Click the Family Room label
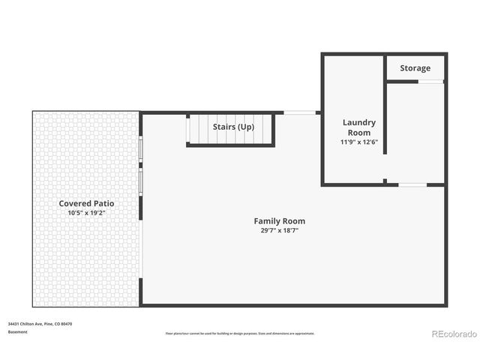pyautogui.click(x=279, y=221)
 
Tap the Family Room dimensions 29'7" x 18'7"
pyautogui.click(x=279, y=231)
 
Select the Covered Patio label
pyautogui.click(x=87, y=203)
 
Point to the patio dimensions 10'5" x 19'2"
pyautogui.click(x=87, y=213)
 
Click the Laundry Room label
pyautogui.click(x=359, y=127)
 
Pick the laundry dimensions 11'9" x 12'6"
pyautogui.click(x=359, y=142)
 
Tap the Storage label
pyautogui.click(x=415, y=68)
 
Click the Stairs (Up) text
pyautogui.click(x=233, y=127)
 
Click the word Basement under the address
pyautogui.click(x=18, y=331)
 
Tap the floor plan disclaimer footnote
pyautogui.click(x=240, y=333)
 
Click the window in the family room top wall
pyautogui.click(x=299, y=112)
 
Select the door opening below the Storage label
pyautogui.click(x=430, y=82)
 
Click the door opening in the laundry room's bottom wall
pyautogui.click(x=412, y=184)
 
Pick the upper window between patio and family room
pyautogui.click(x=140, y=149)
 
